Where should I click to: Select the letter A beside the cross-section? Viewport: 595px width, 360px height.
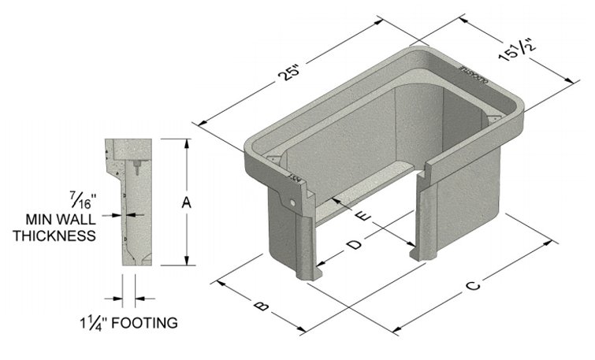click(187, 202)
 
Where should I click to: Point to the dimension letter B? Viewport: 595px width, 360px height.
click(262, 306)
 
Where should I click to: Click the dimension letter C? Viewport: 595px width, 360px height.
click(471, 287)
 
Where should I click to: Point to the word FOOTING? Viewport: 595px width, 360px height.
click(143, 323)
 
